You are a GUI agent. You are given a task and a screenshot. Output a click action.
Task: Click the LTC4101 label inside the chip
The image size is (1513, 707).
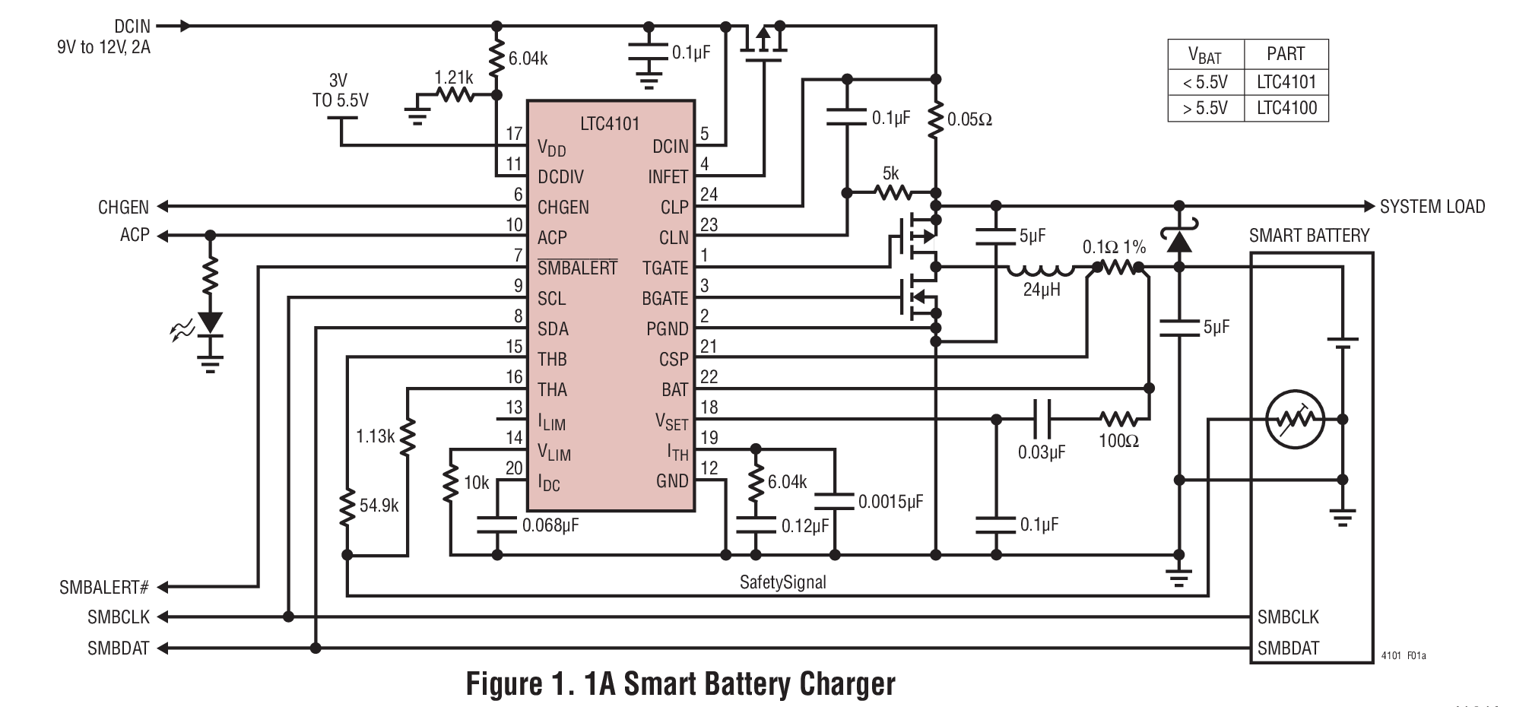[x=609, y=123]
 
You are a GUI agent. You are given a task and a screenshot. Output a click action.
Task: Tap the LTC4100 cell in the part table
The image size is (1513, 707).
[x=1286, y=107]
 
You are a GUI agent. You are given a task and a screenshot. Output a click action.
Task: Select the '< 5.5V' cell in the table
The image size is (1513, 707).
[x=1205, y=82]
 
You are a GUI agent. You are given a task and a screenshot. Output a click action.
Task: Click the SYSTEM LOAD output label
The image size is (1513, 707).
[x=1432, y=207]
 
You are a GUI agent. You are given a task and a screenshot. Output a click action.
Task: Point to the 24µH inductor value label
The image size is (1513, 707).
[x=1041, y=290]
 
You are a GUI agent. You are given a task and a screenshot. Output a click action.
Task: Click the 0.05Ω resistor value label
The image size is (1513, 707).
[x=969, y=119]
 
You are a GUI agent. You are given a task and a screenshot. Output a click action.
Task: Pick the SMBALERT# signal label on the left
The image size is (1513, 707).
[x=103, y=588]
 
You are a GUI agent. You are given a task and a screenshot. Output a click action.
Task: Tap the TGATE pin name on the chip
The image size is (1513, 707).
[x=665, y=268]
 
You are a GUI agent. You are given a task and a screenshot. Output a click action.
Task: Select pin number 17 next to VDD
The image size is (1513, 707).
[x=514, y=134]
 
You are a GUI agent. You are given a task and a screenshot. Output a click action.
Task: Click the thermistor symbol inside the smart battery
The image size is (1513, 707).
[x=1295, y=419]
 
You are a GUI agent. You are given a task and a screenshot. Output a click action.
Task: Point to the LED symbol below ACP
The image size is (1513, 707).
[x=210, y=322]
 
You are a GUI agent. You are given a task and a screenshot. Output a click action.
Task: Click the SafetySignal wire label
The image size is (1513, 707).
[x=782, y=582]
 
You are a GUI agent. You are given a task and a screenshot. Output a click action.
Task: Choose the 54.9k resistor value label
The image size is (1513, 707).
[x=379, y=506]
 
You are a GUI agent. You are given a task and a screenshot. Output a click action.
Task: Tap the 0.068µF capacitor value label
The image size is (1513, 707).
[x=550, y=525]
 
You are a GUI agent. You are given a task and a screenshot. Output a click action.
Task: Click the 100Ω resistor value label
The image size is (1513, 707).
[x=1118, y=441]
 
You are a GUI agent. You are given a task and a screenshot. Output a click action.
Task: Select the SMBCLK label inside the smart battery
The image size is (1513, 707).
[x=1288, y=617]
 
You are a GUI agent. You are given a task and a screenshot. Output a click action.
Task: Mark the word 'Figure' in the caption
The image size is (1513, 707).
[x=502, y=683]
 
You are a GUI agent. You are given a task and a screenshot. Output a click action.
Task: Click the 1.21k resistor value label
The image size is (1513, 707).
[x=454, y=78]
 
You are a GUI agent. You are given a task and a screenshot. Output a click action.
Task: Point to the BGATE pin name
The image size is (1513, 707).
[x=665, y=299]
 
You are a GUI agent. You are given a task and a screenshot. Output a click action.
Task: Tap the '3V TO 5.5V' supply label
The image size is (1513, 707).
[x=340, y=90]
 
